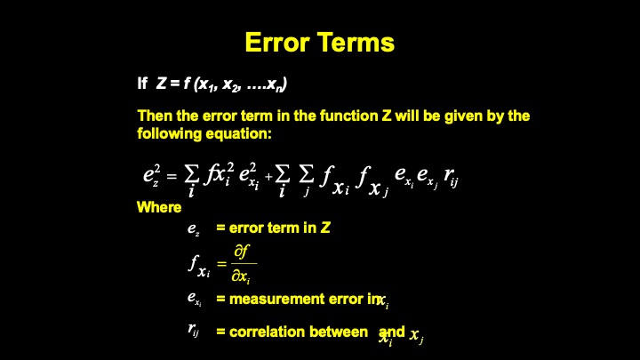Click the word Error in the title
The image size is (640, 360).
pyautogui.click(x=277, y=42)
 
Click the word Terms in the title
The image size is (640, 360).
pyautogui.click(x=356, y=42)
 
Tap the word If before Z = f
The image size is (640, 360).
pyautogui.click(x=142, y=84)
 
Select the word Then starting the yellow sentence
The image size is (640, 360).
pyautogui.click(x=155, y=116)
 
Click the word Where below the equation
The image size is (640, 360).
pyautogui.click(x=159, y=207)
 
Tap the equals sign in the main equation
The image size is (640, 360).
pyautogui.click(x=172, y=176)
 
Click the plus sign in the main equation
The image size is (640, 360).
pyautogui.click(x=268, y=176)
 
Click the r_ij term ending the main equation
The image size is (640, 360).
pyautogui.click(x=451, y=177)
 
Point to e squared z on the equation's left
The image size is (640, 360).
pyautogui.click(x=151, y=175)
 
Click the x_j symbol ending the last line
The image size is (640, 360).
pyautogui.click(x=416, y=336)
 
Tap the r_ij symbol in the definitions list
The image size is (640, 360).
pyautogui.click(x=194, y=330)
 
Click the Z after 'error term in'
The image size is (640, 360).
pyautogui.click(x=325, y=228)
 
